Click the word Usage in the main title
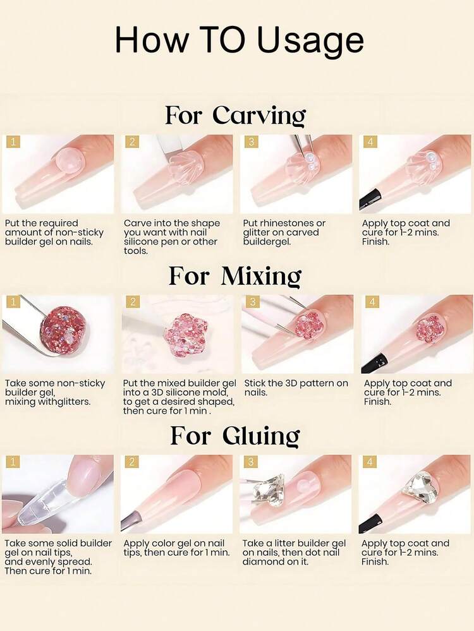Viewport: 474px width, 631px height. pos(310,40)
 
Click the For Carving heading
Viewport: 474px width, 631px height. pos(236,116)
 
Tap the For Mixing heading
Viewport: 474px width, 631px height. pos(235,276)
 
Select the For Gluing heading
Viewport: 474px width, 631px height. pos(235,436)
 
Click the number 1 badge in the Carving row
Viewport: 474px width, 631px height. pos(14,141)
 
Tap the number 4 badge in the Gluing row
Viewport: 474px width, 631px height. pos(370,462)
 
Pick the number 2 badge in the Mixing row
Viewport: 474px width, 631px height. pos(133,302)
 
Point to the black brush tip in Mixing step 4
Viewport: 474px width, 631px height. pos(373,361)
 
